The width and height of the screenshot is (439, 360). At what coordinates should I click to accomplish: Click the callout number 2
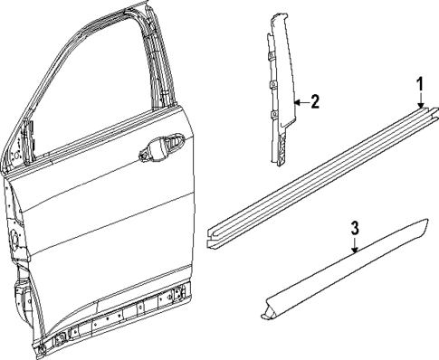[314, 101]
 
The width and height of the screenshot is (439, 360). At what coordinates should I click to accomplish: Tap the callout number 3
[355, 227]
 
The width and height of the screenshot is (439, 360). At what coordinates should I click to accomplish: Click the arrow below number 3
[355, 245]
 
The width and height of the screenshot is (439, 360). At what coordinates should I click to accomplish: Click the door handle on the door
[160, 150]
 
